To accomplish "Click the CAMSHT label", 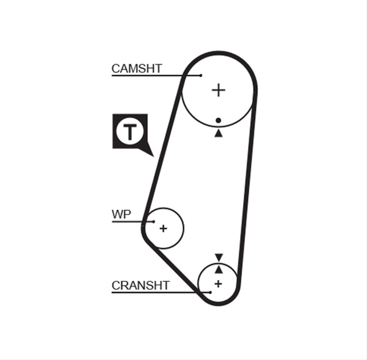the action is (136, 69).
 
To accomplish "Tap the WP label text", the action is (121, 214).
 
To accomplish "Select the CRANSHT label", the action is (140, 285).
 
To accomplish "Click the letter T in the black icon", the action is (130, 132).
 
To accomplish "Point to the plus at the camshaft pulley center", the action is (218, 90).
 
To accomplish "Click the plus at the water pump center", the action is (163, 228).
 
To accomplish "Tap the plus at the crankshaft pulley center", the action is (218, 284).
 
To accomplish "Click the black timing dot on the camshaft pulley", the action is (218, 120).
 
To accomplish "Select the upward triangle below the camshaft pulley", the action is (218, 134).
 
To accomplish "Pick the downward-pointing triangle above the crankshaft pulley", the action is (219, 257).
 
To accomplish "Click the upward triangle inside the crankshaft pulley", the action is (219, 269).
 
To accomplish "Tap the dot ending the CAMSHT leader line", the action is (201, 75).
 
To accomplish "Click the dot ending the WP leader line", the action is (154, 221).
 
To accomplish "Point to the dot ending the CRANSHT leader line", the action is (210, 292).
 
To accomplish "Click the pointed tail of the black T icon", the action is (153, 156).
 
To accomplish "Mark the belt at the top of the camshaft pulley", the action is (219, 53).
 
